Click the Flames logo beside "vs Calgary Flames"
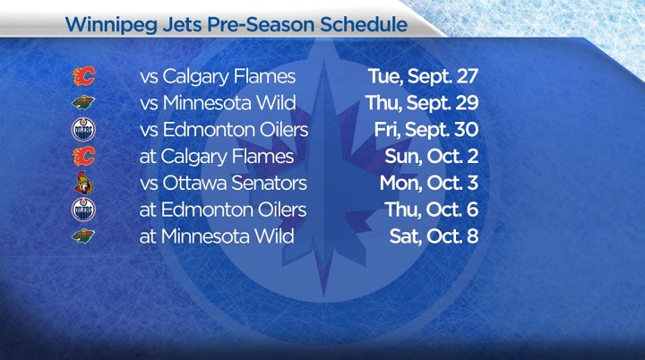[x=83, y=77]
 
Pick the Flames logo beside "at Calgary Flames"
[x=83, y=158]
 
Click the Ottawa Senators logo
[x=83, y=184]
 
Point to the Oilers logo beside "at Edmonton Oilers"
[x=83, y=210]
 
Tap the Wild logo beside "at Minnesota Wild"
[x=83, y=237]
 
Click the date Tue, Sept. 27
[x=423, y=77]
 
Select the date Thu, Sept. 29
[x=422, y=104]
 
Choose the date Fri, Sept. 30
[x=426, y=131]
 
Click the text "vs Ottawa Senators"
[x=224, y=184]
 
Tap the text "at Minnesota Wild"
[x=218, y=237]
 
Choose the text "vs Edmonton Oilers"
[x=224, y=131]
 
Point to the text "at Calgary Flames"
[x=217, y=158]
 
